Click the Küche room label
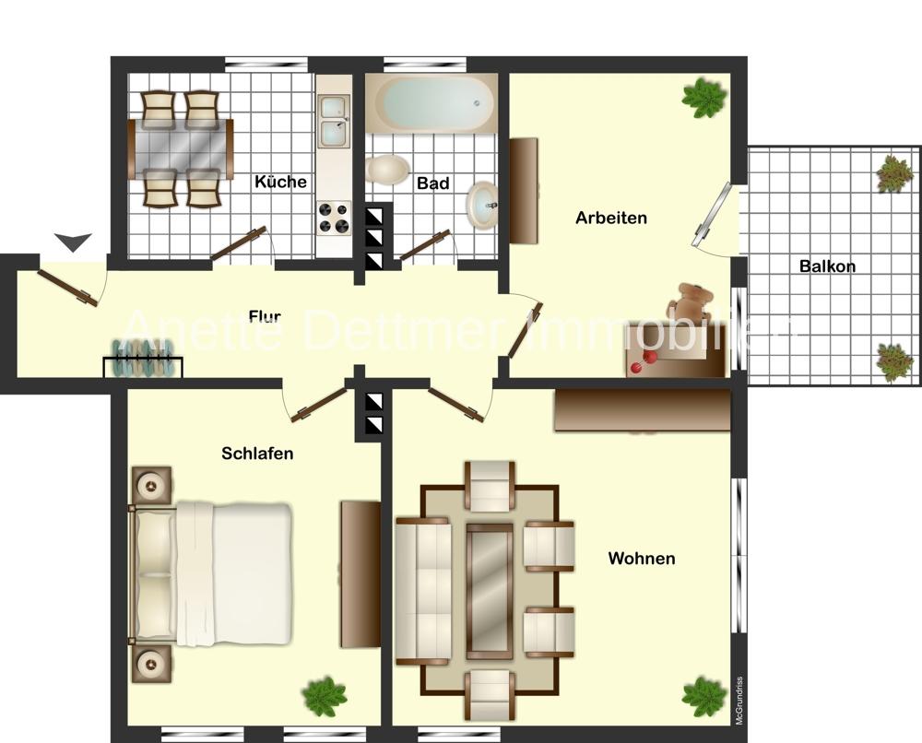pos(280,182)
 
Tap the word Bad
pos(432,183)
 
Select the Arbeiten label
pos(611,218)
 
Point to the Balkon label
pos(827,266)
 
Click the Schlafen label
pos(257,454)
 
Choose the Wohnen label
pos(642,559)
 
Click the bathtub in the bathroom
pos(431,102)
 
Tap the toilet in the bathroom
pos(388,170)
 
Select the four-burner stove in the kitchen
pos(335,218)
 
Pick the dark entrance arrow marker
pos(73,242)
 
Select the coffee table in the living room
pos(489,591)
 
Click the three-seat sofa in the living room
pos(422,591)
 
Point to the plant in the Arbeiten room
pos(704,98)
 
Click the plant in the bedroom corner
pos(324,695)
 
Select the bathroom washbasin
pos(482,202)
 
